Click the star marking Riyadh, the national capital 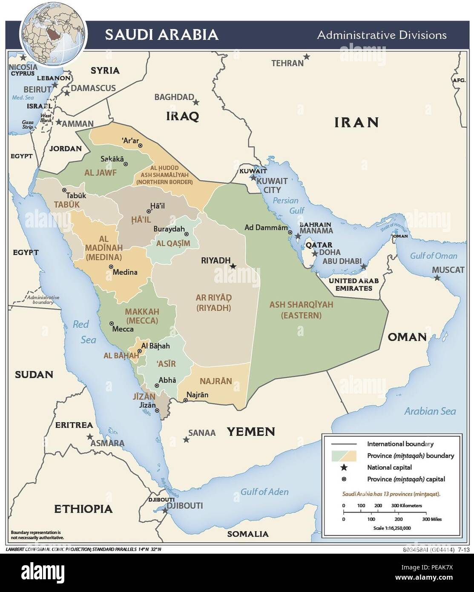(233, 266)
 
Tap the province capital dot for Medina (111, 267)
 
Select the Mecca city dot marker (112, 324)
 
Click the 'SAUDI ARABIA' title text (162, 34)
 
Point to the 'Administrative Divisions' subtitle (382, 35)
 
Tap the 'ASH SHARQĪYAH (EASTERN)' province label (301, 310)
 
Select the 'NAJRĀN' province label (216, 381)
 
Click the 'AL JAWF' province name (101, 173)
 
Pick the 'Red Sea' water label (84, 332)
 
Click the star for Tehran (307, 56)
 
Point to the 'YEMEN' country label (250, 432)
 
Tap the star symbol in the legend (344, 468)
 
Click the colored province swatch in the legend (344, 455)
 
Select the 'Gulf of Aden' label (264, 491)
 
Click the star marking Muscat (437, 278)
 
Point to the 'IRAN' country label (356, 123)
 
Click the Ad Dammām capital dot (290, 233)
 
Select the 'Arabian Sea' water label (430, 411)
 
